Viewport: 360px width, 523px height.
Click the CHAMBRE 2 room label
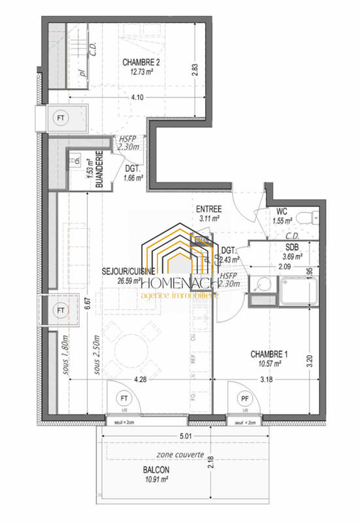(x=140, y=63)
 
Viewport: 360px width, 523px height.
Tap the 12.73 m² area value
(x=140, y=73)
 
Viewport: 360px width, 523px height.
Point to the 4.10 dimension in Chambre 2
(x=138, y=97)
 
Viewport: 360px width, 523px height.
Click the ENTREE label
(x=209, y=209)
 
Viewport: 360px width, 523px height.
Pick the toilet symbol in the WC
(x=305, y=218)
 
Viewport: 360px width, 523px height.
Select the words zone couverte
(x=180, y=456)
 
